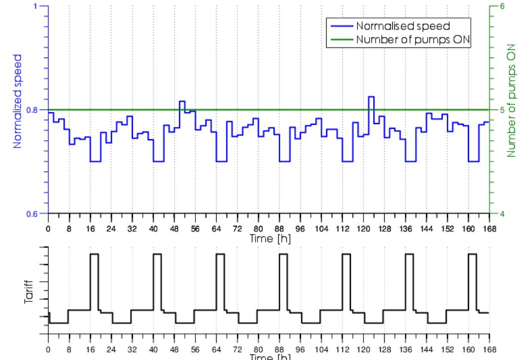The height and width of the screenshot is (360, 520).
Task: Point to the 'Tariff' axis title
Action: click(29, 290)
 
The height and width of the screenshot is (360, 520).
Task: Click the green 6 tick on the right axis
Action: click(501, 7)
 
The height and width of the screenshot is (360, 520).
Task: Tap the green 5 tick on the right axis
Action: click(501, 110)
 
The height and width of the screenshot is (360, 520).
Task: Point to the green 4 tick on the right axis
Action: click(501, 213)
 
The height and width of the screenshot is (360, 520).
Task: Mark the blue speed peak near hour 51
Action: click(182, 101)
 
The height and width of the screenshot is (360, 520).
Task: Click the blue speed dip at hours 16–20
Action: click(95, 161)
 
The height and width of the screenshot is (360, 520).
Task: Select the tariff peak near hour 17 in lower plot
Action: click(94, 254)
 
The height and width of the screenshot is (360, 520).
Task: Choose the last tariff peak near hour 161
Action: click(473, 254)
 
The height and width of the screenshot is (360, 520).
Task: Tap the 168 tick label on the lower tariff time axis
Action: click(489, 349)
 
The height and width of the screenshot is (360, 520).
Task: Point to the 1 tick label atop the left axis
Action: click(35, 7)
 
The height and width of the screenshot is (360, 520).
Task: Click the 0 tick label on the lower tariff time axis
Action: click(48, 349)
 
